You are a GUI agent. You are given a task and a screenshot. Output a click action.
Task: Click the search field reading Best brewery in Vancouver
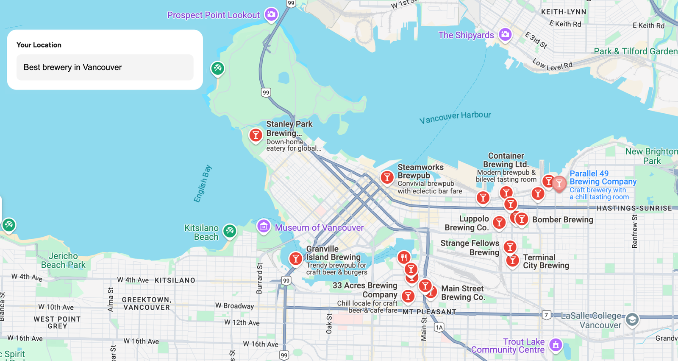pos(105,67)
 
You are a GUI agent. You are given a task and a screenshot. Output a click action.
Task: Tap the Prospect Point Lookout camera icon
pos(271,14)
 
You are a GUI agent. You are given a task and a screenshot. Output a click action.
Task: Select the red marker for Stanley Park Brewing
pos(256,135)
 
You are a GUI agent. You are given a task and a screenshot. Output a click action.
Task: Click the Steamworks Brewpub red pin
pos(387,177)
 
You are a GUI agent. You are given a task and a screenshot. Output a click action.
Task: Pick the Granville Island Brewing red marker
pos(296,258)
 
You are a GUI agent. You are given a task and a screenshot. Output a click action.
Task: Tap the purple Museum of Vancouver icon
pos(264,226)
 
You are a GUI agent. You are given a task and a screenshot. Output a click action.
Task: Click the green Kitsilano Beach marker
pos(230,231)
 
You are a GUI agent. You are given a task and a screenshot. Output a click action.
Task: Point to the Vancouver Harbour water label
pos(455,117)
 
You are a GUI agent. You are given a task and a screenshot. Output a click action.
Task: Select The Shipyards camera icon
pos(505,34)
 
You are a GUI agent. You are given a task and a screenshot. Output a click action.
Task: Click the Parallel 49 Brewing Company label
pos(603,178)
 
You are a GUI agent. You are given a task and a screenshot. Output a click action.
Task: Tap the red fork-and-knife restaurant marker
pos(404,257)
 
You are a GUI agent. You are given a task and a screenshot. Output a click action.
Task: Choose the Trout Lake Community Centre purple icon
pos(556,344)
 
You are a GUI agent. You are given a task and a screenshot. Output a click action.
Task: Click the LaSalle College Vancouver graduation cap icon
pos(632,319)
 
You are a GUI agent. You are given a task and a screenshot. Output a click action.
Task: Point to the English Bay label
pos(203,184)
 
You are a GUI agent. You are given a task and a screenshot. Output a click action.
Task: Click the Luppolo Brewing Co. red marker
pos(499,222)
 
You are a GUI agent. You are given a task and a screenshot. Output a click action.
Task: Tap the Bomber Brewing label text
pos(562,220)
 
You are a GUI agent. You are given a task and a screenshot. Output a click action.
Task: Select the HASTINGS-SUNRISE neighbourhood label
pos(634,208)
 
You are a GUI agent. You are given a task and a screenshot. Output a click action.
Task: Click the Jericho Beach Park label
pos(63,260)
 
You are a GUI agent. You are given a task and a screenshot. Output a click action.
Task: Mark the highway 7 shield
pos(546,315)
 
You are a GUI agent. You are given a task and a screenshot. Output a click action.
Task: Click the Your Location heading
pos(39,45)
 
